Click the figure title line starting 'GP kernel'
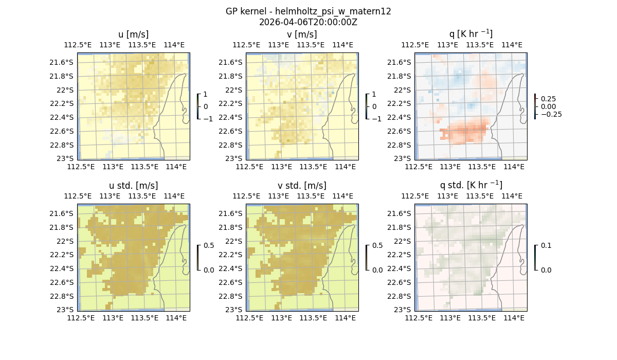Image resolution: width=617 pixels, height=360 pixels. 308,11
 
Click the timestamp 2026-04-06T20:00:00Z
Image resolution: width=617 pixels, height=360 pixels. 308,22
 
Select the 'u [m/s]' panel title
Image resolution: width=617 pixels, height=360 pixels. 133,34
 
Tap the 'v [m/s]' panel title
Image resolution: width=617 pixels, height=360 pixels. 302,34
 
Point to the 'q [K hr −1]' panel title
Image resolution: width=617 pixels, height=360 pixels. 470,34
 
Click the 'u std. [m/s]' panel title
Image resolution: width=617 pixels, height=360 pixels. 133,186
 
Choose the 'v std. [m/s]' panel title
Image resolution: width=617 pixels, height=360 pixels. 302,186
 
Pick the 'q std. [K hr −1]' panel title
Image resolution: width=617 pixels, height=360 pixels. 470,185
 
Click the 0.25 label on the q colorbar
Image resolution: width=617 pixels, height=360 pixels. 548,99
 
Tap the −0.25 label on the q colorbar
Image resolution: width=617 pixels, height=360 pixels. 551,114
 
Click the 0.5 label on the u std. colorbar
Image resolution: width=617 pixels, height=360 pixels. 209,246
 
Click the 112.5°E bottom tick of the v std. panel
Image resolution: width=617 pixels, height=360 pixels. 249,318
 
